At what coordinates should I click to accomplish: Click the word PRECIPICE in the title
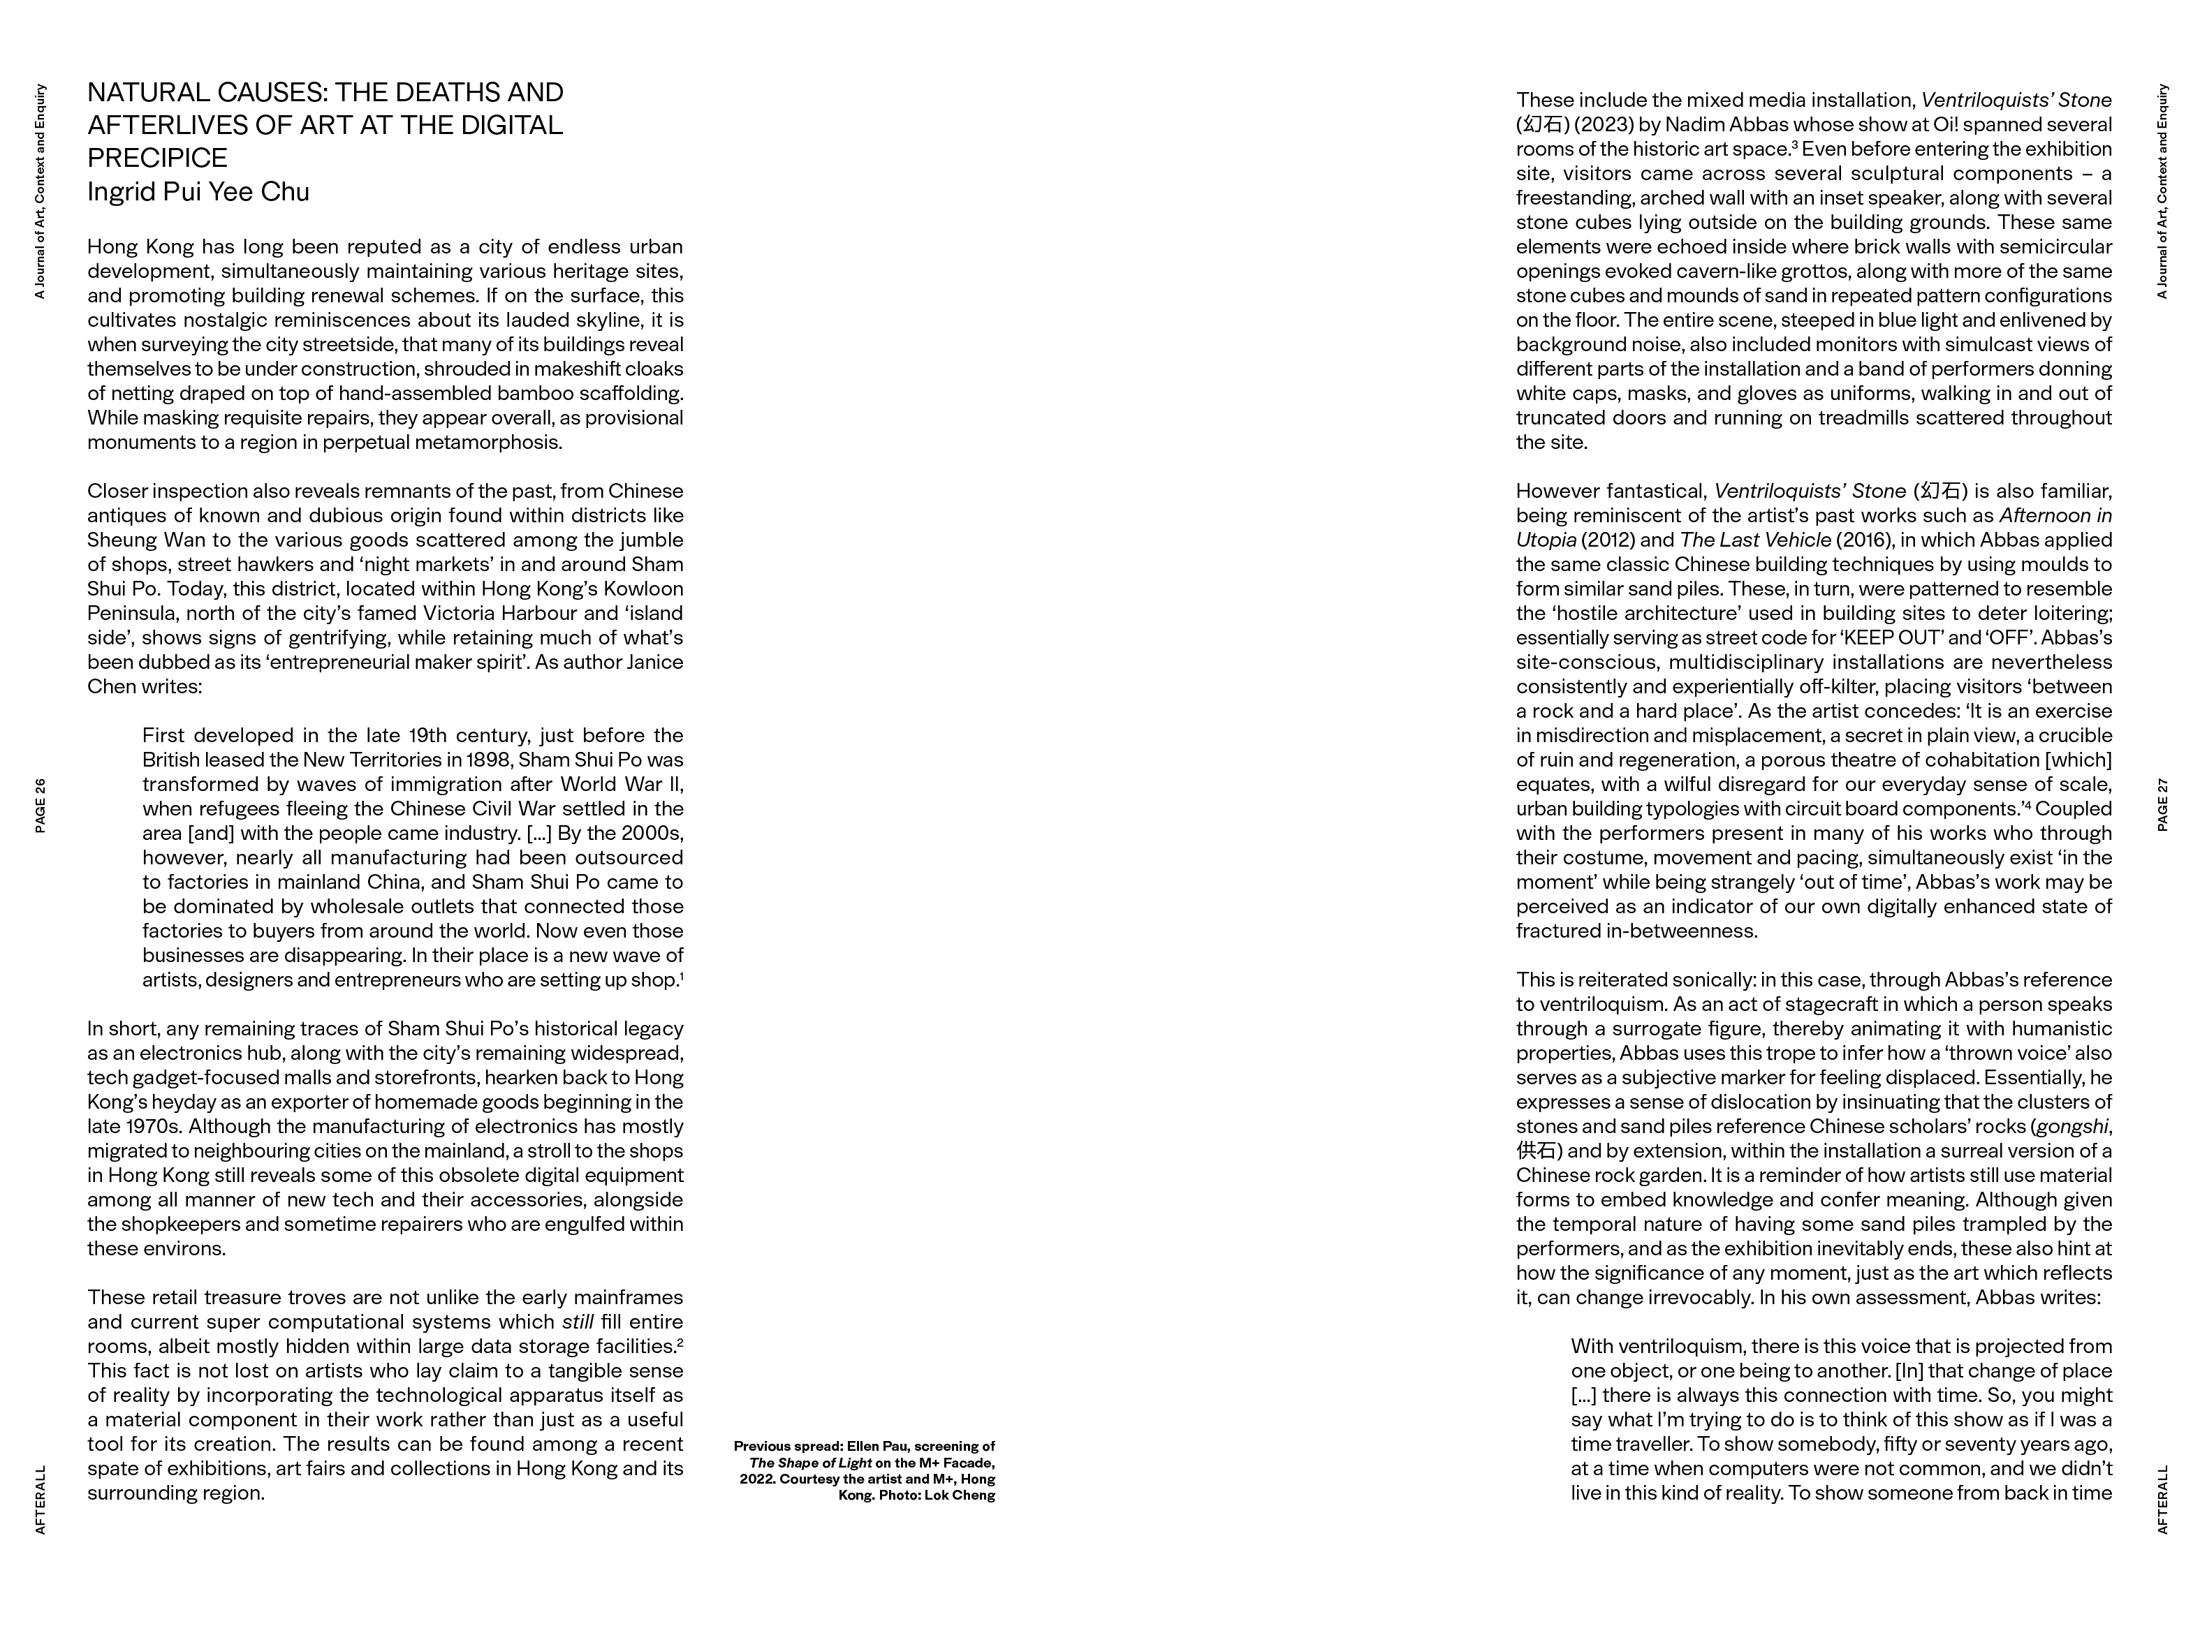[x=157, y=158]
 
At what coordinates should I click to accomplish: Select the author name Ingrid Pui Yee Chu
[x=198, y=192]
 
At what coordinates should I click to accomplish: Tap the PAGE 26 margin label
[x=41, y=806]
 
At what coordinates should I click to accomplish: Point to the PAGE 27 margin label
[x=2162, y=805]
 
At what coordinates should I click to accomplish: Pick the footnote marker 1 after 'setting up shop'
[x=681, y=975]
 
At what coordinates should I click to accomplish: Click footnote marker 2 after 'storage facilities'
[x=680, y=1341]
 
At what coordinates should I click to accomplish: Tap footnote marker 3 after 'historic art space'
[x=1795, y=145]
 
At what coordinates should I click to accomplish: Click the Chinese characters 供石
[x=1536, y=1151]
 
